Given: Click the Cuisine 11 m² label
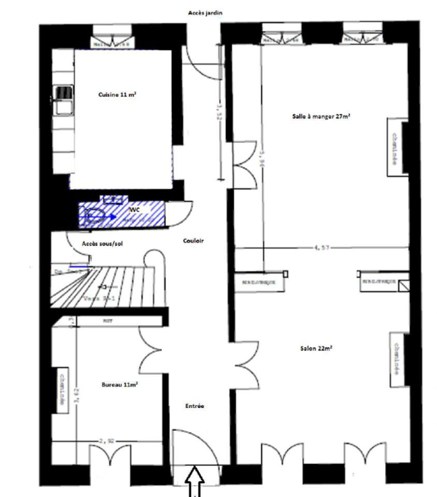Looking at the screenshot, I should [117, 95].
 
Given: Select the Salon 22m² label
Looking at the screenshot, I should [316, 348].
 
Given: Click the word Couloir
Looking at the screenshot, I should [194, 241].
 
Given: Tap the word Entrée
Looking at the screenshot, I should [195, 406].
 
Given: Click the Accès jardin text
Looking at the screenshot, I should [205, 12].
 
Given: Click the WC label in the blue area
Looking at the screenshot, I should [135, 210].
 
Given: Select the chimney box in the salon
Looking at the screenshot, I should [397, 359].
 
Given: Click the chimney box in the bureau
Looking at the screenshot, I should [62, 390].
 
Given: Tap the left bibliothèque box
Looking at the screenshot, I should [258, 283].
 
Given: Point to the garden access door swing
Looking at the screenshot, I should [203, 65].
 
